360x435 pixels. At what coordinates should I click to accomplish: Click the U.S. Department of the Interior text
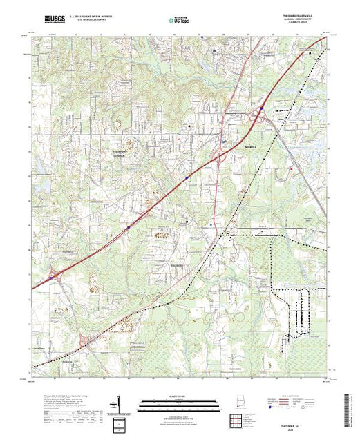pyautogui.click(x=89, y=14)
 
